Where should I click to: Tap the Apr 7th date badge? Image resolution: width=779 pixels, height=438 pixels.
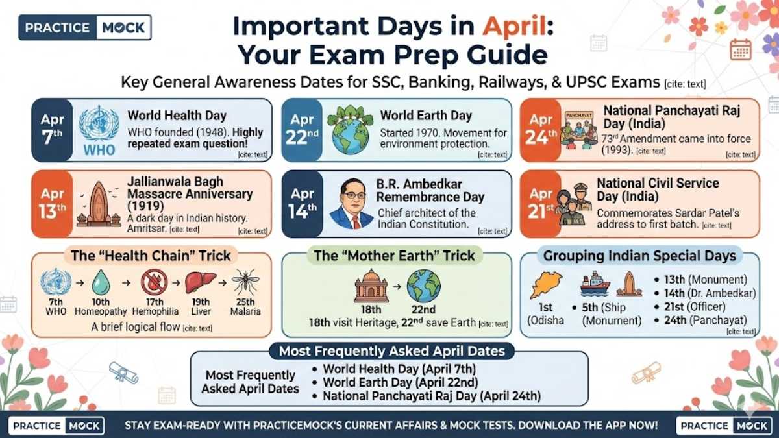pos(52,130)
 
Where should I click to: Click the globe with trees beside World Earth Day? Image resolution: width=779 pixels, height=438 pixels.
pos(350,130)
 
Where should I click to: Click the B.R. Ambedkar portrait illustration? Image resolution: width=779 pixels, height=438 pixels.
pos(351,205)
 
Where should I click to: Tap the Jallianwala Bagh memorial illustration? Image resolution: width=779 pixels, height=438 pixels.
pos(99,205)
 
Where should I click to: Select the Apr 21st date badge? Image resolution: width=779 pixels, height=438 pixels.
pos(540,203)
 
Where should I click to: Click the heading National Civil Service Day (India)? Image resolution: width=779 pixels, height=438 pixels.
pos(658,189)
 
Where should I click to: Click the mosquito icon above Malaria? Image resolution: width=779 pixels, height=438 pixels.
pos(245,282)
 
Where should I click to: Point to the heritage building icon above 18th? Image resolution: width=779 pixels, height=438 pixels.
pos(371,286)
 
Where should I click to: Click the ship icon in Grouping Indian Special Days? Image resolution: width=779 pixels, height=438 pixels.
pos(595,284)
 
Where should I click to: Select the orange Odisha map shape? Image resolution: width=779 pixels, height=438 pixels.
pos(547,286)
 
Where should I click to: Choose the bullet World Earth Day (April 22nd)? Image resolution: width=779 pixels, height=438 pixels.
pos(401,382)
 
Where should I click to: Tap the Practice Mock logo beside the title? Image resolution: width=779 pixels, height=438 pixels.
pos(85,27)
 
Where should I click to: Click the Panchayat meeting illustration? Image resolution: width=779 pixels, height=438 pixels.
pos(580,130)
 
